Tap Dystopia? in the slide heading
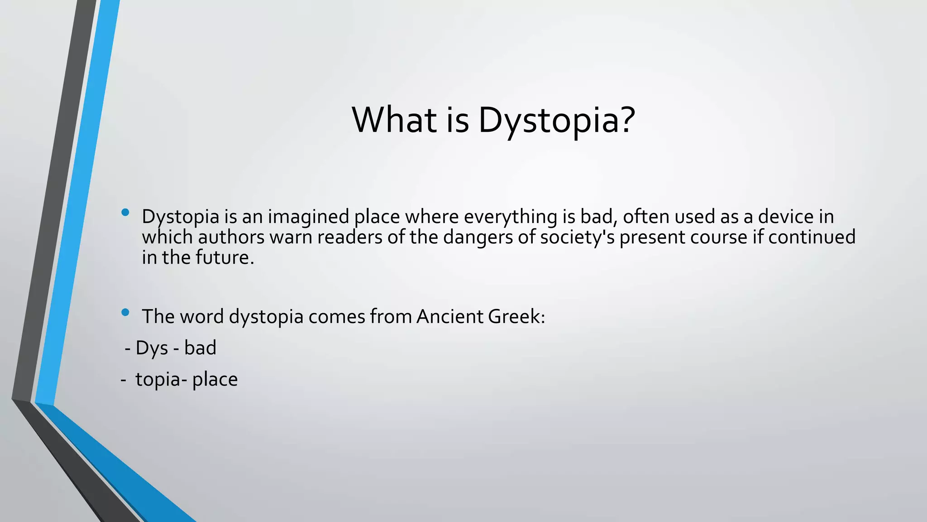point(557,121)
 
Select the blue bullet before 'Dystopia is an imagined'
point(125,212)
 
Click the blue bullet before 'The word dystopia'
point(125,312)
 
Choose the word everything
point(511,217)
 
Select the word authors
point(231,237)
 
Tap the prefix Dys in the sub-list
point(152,348)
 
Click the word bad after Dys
point(200,348)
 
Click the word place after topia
point(215,380)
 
